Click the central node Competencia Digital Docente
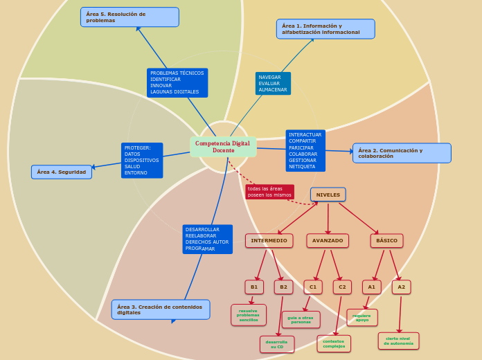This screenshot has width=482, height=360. tap(223, 147)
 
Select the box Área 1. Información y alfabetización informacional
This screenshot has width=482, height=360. tap(325, 29)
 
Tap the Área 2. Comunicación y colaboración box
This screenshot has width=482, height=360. tap(402, 153)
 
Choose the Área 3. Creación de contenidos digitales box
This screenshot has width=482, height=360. tap(161, 309)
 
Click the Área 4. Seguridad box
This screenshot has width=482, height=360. tap(62, 172)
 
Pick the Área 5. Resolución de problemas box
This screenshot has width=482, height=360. tap(130, 17)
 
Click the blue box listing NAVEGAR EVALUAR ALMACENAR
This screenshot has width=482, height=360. tap(273, 83)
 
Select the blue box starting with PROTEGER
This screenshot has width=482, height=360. tap(142, 160)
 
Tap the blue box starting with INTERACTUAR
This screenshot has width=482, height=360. tap(305, 151)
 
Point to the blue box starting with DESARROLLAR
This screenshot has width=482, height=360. tap(207, 239)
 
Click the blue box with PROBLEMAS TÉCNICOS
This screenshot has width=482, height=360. tap(177, 82)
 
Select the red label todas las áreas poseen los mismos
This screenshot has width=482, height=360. tap(269, 192)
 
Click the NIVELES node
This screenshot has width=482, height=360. tap(328, 195)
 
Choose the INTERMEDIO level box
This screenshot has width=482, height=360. tap(269, 240)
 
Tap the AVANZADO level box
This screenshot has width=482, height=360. tap(328, 240)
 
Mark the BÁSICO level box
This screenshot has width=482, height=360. tap(386, 240)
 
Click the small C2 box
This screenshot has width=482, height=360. tap(342, 287)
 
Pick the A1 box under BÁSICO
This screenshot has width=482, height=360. tap(372, 287)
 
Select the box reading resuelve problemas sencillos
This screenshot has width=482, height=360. tap(249, 315)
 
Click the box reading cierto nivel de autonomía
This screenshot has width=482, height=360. tap(399, 341)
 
